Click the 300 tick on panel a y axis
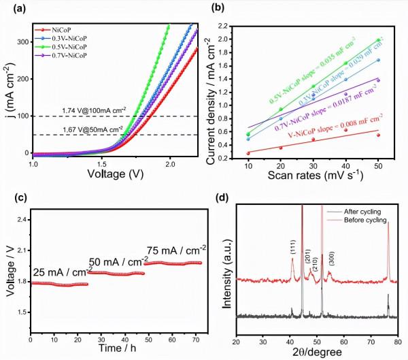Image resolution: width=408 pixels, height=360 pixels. [22, 42]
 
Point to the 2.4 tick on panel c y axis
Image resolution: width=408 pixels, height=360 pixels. [21, 220]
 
